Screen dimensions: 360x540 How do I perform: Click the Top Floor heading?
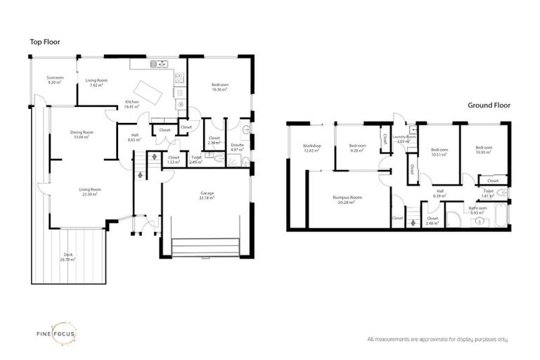(x=45, y=42)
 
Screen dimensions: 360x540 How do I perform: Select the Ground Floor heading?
(x=489, y=105)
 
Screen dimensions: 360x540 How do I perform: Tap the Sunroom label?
(x=55, y=77)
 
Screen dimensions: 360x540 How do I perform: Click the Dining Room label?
(x=82, y=132)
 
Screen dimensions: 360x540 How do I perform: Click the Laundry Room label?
(x=405, y=137)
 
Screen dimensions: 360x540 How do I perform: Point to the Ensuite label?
(x=237, y=145)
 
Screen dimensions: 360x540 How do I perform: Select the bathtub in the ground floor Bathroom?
(x=496, y=215)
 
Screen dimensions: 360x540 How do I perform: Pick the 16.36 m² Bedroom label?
(x=220, y=86)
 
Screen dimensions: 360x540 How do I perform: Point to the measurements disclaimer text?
(x=437, y=339)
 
